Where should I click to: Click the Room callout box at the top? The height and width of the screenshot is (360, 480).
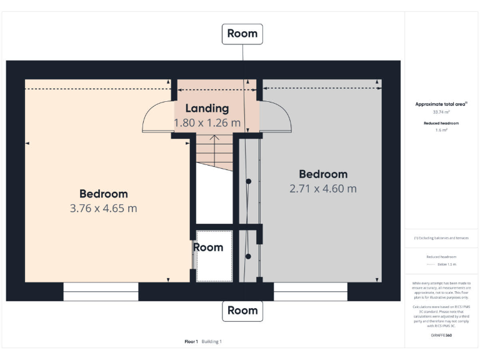point(242,34)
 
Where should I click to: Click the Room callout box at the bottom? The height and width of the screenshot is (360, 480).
point(242,311)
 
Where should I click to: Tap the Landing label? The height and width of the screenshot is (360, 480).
point(207,108)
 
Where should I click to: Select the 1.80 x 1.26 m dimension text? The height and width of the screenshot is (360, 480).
point(207,123)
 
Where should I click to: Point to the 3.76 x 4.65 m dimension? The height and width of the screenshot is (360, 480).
point(103,208)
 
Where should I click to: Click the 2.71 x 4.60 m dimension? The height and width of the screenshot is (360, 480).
point(323,188)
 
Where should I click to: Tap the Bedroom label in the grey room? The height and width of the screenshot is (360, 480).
point(323,174)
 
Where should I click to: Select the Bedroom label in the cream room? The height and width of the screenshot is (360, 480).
point(103,194)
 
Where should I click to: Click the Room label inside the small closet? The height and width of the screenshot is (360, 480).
point(208,247)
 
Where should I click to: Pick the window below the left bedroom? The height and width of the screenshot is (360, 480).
point(101,292)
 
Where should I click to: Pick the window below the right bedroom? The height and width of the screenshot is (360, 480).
point(311,292)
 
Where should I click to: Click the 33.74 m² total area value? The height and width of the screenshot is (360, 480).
point(442,112)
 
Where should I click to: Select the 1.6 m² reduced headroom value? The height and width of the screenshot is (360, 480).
point(442,130)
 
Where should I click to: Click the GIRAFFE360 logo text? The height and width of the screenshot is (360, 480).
point(441,335)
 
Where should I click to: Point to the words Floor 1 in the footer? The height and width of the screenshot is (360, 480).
point(191,341)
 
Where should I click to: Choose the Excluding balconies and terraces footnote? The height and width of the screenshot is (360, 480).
point(441,238)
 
